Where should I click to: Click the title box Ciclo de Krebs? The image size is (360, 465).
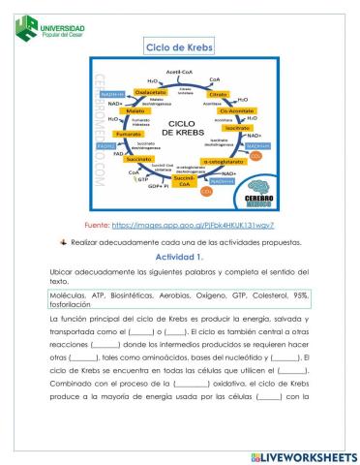pos(180,47)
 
